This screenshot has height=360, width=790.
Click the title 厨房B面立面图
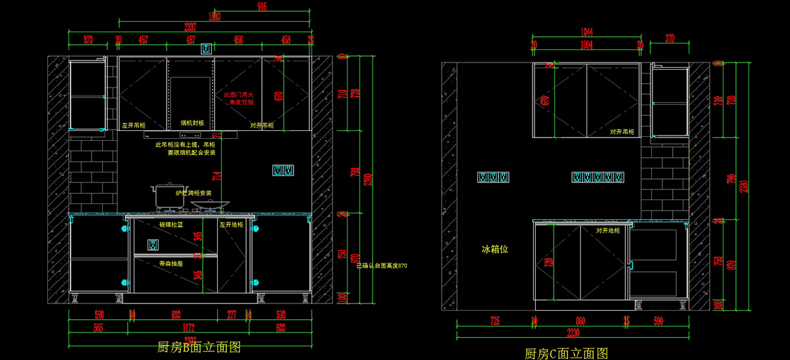199,347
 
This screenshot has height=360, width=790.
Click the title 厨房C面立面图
566,353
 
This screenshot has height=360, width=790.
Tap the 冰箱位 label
495,249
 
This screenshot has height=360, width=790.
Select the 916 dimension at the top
261,7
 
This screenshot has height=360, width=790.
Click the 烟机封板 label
192,123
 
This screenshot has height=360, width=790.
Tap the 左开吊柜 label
134,124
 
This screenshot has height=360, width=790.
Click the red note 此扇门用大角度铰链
238,98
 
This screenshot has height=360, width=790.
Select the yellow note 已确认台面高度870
382,266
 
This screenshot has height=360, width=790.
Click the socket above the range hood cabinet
206,48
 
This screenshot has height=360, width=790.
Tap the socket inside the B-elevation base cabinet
153,245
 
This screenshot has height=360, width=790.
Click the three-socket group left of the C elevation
494,177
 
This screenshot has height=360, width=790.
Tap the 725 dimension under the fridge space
494,321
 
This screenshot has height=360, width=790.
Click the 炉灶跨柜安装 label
194,193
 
